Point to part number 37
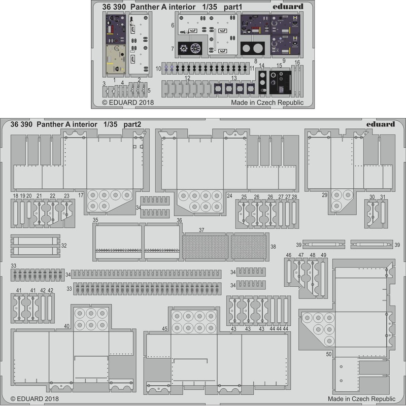(x=201, y=230)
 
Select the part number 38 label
(x=273, y=247)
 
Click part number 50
(x=329, y=353)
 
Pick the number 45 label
(x=164, y=329)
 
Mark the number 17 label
(x=80, y=195)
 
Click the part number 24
(x=230, y=195)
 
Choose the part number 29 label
(x=324, y=195)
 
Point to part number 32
(x=63, y=245)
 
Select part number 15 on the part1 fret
(x=279, y=66)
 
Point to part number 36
(x=179, y=220)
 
